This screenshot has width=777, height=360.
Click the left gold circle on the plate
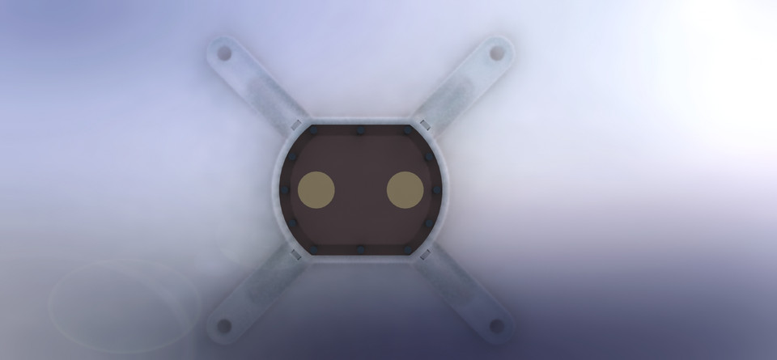316,190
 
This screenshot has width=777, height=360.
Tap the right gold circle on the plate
405,190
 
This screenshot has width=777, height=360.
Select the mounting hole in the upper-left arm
224,54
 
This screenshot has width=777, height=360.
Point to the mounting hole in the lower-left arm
224,326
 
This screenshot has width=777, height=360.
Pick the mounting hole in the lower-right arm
497,326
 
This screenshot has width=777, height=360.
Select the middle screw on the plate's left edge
284,190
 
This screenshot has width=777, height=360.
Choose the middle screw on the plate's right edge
437,190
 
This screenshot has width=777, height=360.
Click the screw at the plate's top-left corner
314,130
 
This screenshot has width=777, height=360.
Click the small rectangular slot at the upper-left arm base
295,124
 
